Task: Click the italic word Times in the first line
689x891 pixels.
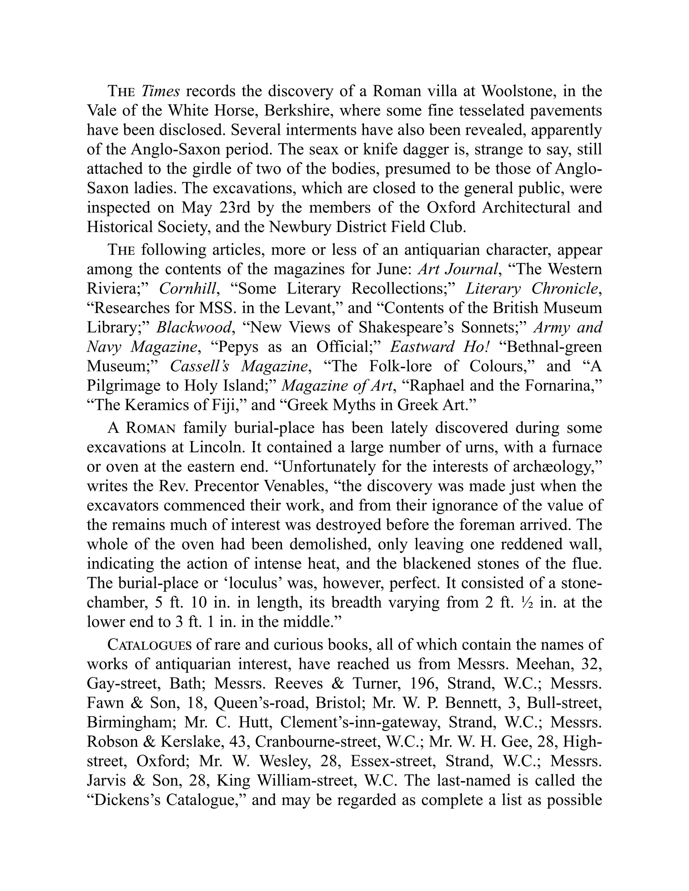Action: tap(160, 91)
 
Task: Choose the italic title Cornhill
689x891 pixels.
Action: tap(188, 289)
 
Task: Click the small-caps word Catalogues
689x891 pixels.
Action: tap(149, 645)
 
